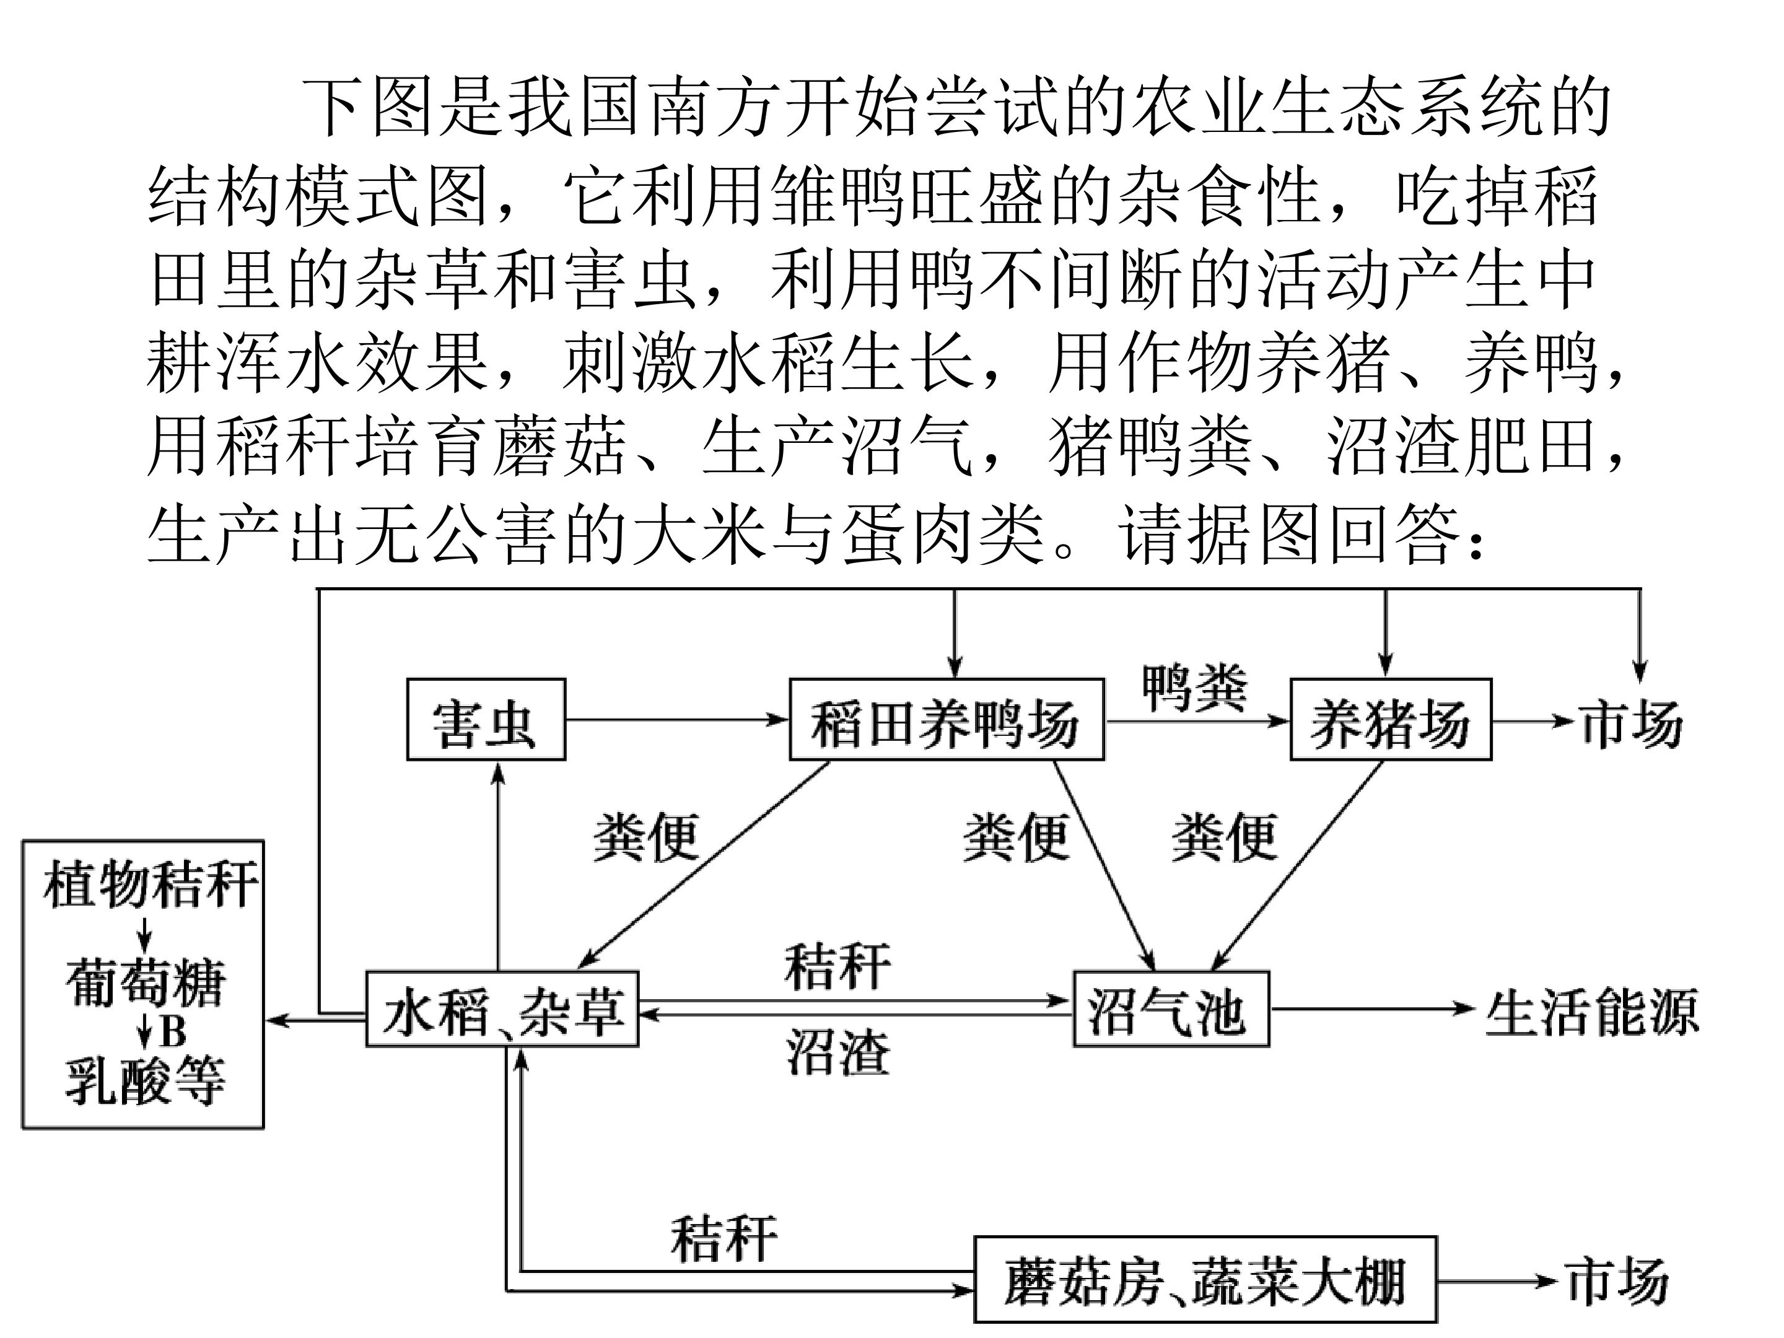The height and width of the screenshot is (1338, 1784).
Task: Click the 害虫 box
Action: point(486,719)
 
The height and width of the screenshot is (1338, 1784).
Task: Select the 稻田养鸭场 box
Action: point(945,719)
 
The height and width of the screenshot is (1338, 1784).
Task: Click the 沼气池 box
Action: point(1170,1009)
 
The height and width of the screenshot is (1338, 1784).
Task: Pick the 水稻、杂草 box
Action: point(502,1009)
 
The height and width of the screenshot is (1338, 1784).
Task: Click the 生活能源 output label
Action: point(1592,1010)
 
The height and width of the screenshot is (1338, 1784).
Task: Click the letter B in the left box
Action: point(173,1031)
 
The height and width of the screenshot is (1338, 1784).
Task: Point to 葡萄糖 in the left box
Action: point(145,982)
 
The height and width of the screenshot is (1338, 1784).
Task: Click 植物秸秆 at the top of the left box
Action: point(150,885)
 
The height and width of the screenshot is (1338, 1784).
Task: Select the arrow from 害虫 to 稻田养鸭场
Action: point(676,719)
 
